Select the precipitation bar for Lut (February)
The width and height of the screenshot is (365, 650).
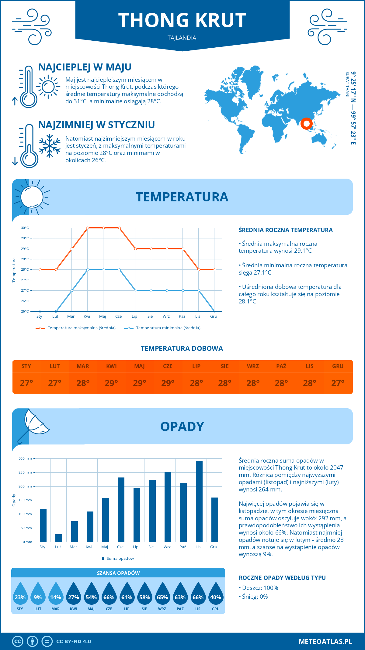tap(59, 538)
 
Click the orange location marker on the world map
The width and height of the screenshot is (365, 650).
tap(306, 123)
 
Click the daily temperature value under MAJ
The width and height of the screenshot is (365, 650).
tap(140, 383)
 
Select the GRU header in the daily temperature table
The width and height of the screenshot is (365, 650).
tap(338, 366)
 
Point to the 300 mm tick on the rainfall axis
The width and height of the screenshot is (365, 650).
tap(26, 458)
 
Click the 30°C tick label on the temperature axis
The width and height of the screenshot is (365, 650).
tap(25, 228)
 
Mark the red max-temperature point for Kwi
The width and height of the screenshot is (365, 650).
tap(88, 228)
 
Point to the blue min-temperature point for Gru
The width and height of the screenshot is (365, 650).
tap(214, 311)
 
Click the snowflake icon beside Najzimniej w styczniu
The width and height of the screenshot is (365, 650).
tap(50, 146)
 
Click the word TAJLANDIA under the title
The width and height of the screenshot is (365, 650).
tap(182, 38)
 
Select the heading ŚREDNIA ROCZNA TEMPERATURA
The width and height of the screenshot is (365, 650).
tap(286, 230)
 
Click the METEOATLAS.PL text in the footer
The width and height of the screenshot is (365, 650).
tap(325, 641)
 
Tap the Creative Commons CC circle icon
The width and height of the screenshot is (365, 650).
tap(18, 641)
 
